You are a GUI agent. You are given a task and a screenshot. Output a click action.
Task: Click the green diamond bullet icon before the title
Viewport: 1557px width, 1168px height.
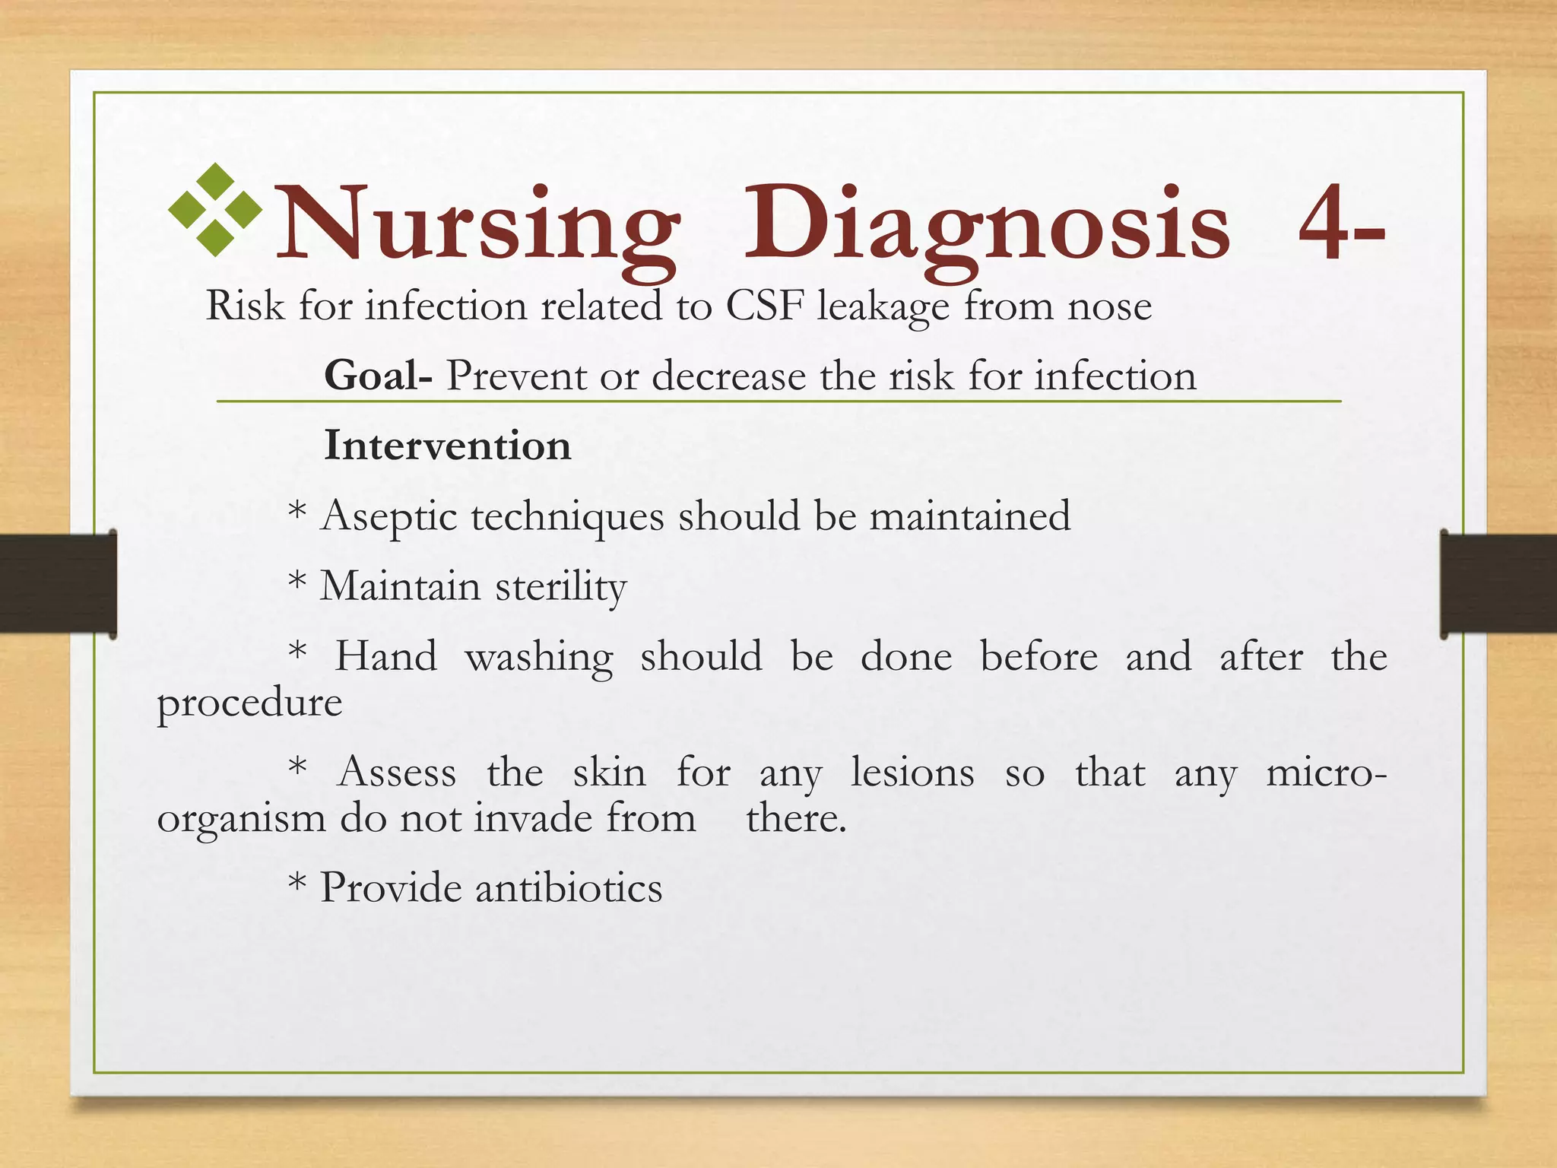[215, 209]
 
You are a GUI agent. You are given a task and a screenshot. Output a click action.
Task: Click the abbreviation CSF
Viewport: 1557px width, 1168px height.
[765, 306]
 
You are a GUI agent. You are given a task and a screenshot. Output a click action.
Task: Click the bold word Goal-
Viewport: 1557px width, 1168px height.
[378, 376]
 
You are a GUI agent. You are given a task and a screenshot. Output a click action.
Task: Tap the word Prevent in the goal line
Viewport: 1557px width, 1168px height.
[516, 376]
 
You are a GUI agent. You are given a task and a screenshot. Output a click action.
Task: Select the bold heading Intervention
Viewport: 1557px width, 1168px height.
[447, 446]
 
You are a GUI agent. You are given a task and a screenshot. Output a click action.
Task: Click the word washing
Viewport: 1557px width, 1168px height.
[538, 657]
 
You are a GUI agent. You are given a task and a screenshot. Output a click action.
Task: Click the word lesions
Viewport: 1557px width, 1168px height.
[912, 773]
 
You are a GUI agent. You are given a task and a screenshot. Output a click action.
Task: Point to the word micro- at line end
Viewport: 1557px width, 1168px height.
[1326, 773]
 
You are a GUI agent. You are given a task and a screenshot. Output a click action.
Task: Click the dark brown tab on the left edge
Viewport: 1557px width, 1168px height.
[58, 584]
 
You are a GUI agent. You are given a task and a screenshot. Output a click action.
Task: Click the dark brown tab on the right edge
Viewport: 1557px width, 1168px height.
[1498, 584]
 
